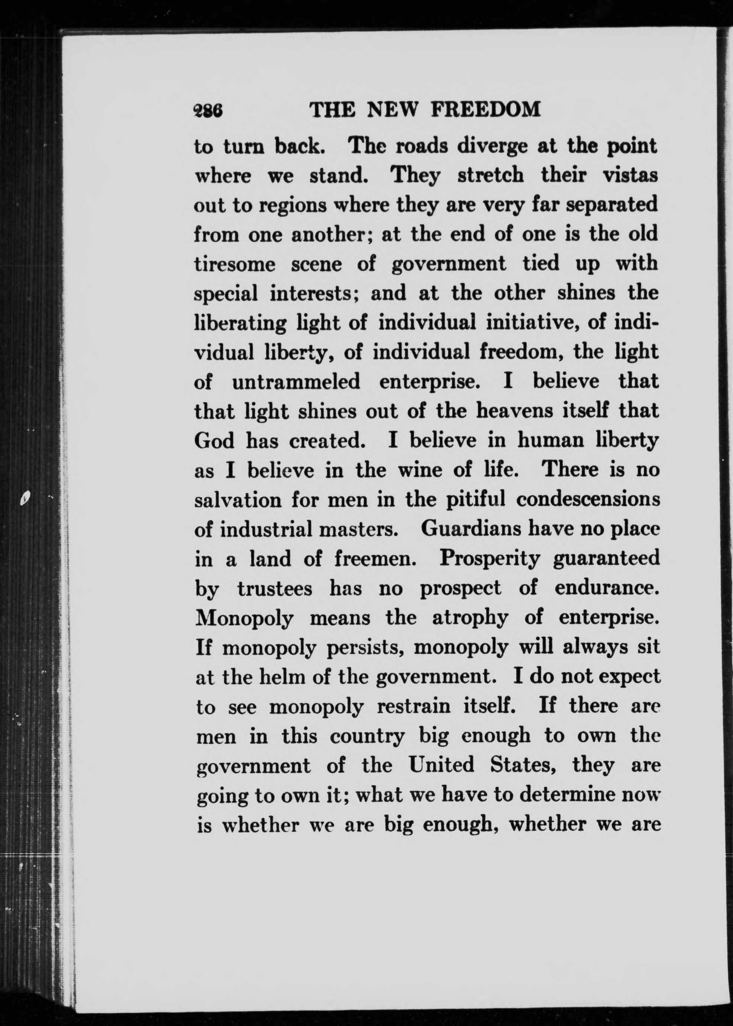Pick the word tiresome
coord(235,264)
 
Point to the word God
coord(214,441)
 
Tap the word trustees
coord(275,589)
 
